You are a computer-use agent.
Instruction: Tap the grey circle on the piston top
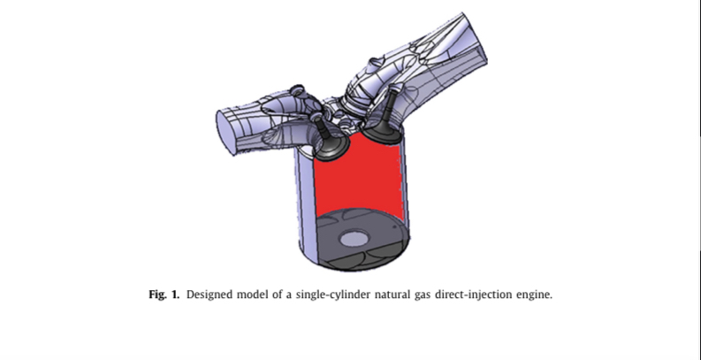point(354,239)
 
